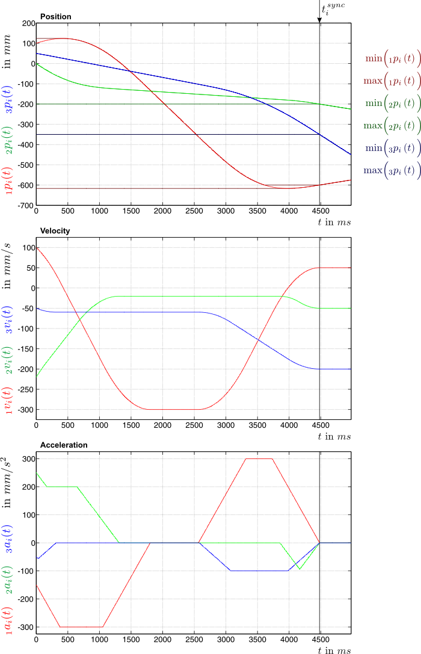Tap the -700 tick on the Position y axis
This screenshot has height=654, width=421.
(x=26, y=206)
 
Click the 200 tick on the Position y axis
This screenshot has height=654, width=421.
(x=28, y=23)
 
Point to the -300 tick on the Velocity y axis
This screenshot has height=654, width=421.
(x=26, y=410)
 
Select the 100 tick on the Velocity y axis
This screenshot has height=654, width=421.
(x=28, y=247)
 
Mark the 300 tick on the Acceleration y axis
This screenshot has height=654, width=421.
(x=28, y=458)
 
